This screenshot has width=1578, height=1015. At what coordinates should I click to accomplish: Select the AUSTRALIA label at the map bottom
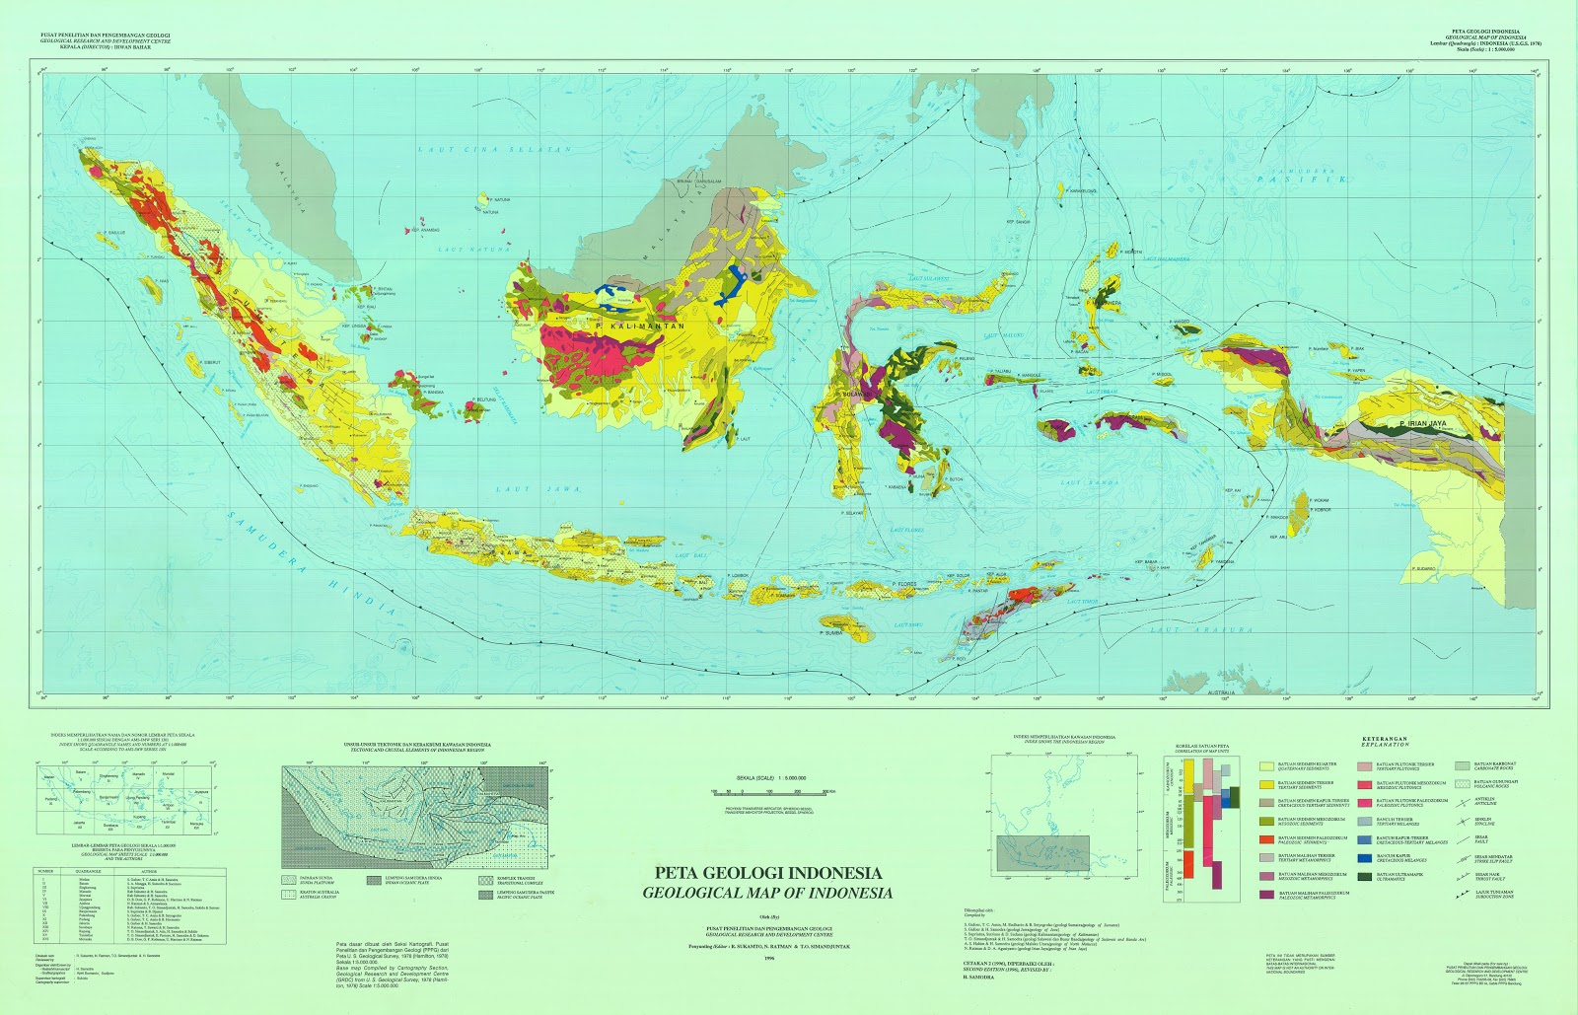tap(1221, 692)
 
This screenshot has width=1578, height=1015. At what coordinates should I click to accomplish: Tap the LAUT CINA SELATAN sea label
tap(494, 150)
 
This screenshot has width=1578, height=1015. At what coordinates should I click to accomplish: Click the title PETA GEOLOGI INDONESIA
tap(769, 873)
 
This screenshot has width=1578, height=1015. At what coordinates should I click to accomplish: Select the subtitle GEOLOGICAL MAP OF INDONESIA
tap(767, 893)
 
